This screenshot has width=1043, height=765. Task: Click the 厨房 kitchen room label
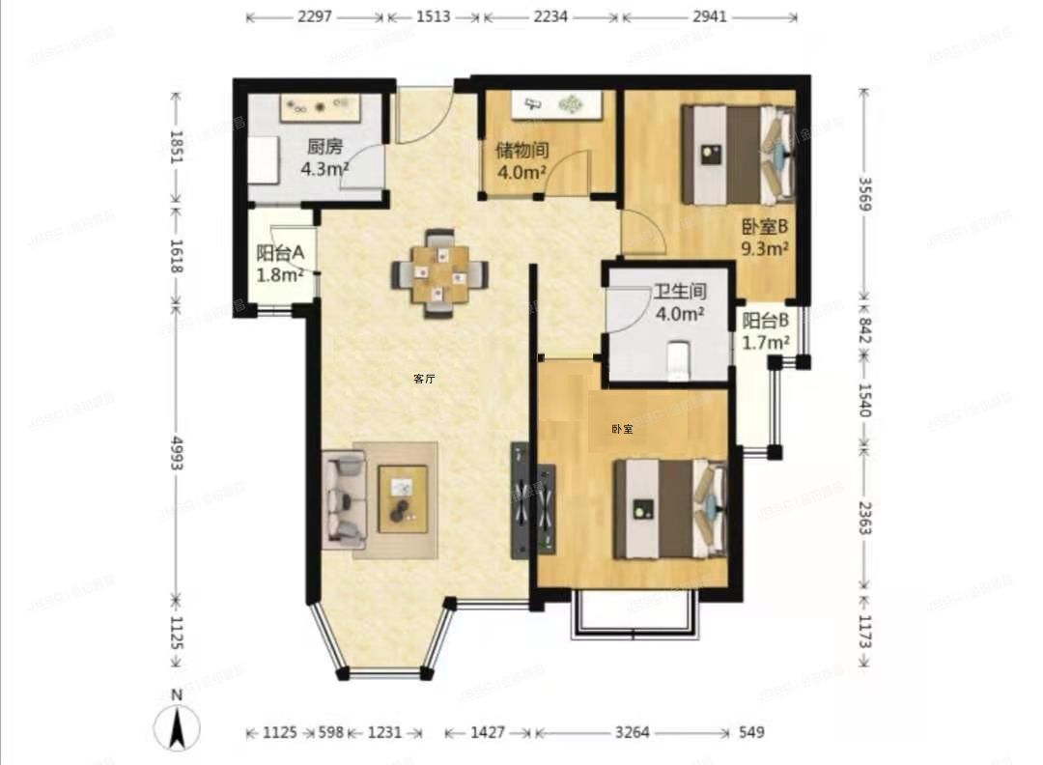pos(324,148)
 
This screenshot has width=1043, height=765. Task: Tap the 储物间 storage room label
pos(521,152)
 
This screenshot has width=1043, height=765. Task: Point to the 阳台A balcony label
pos(280,253)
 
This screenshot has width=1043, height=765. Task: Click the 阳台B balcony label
pos(767,321)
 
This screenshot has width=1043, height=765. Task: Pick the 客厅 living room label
pos(424,379)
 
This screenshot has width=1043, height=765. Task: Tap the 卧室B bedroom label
pos(766,227)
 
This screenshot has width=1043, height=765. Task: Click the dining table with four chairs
pos(439,274)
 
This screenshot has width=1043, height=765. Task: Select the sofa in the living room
pos(343,499)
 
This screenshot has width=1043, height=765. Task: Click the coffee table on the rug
pos(403,498)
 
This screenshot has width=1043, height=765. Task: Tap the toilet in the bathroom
pos(680,358)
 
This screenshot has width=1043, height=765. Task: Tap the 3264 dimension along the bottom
pos(633,733)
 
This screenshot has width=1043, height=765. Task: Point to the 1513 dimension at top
pos(433,16)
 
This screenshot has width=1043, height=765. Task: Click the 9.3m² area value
pos(766,247)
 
